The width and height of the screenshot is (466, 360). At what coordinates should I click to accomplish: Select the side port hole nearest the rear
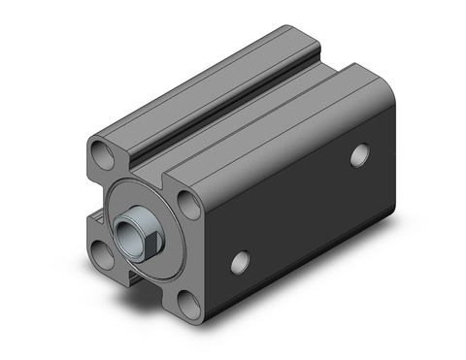coord(362,152)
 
